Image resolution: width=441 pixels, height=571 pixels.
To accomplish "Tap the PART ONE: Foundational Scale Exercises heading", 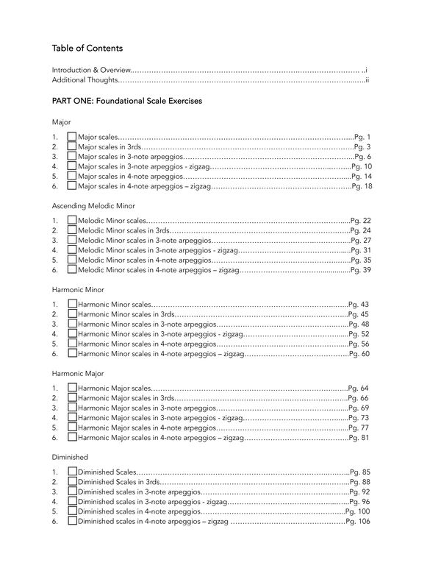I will point(127,99).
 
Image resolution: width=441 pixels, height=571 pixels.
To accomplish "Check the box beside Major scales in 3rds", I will point(71,147).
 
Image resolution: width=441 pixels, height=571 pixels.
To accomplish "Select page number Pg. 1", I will point(362,137).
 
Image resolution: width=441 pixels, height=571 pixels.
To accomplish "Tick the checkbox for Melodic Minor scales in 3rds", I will point(71,230).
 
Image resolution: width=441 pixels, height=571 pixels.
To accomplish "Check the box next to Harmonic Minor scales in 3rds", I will point(71,314).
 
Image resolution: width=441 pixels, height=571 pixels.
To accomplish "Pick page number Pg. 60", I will point(359,354).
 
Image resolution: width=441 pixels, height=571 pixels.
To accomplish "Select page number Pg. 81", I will point(359,438).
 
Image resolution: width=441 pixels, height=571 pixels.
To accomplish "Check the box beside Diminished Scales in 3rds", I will point(71,481).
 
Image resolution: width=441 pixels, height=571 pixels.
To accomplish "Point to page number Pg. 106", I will point(357,521).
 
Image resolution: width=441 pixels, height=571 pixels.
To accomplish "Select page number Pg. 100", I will point(357,511).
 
